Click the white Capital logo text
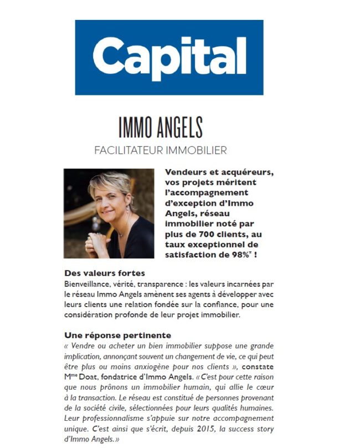tap(169, 56)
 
